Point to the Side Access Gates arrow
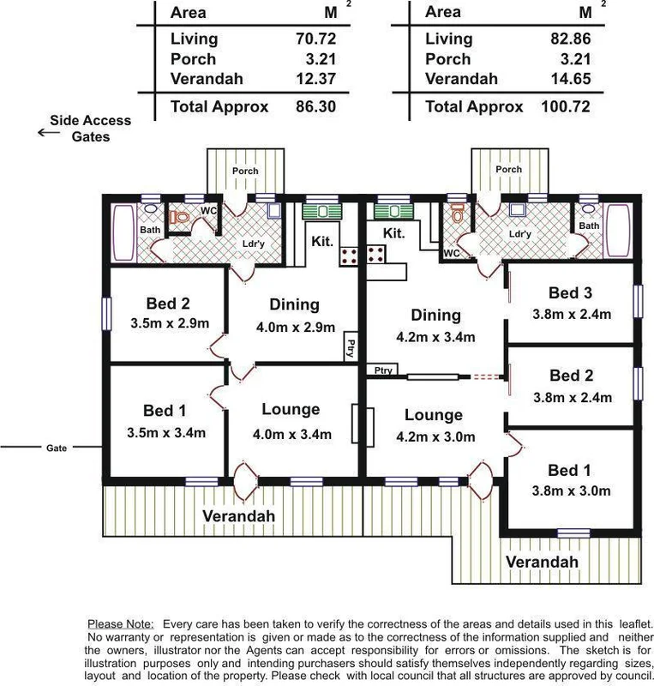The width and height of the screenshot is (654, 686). click(x=41, y=132)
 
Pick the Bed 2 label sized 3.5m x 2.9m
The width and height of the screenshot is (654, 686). click(x=167, y=304)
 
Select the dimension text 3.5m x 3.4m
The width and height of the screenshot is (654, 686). click(x=167, y=432)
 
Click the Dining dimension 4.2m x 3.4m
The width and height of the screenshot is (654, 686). click(x=436, y=337)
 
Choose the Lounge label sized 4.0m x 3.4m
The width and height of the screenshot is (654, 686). click(x=291, y=410)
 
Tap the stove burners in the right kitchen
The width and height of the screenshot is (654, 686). click(x=375, y=253)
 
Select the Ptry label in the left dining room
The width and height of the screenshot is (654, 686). click(x=350, y=348)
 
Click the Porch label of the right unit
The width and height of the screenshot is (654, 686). click(x=508, y=170)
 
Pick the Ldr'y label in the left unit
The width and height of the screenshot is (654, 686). click(x=253, y=244)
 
